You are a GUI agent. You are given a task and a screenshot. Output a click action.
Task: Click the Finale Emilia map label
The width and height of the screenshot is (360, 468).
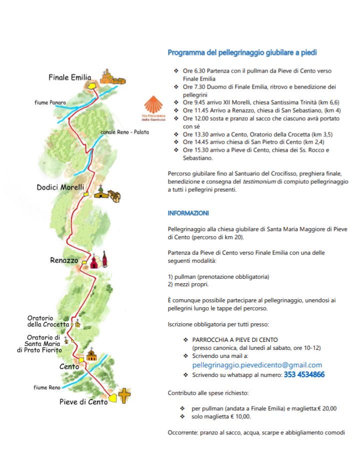coord(69,78)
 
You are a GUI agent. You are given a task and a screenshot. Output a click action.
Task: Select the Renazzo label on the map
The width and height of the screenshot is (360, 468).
coord(64,260)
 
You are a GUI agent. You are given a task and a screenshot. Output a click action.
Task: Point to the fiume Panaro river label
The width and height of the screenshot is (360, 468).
coord(50,102)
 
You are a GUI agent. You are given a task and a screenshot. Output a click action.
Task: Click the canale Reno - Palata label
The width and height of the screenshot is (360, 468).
coord(124,132)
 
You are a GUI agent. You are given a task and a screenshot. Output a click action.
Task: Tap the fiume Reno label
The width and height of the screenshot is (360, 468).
coord(47,387)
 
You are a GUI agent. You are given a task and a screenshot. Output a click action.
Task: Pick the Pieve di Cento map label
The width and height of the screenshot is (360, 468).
coord(83,401)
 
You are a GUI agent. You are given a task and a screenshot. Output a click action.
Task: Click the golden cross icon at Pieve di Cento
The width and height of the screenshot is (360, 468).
coord(124,396)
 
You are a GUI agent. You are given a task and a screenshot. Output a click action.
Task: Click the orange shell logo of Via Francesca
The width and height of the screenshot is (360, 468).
coord(152,106)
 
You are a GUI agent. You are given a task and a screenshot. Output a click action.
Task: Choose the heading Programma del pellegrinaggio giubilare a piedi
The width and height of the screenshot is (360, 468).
coord(242,53)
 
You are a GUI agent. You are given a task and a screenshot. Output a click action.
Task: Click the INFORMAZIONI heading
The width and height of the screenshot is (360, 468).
coord(188,213)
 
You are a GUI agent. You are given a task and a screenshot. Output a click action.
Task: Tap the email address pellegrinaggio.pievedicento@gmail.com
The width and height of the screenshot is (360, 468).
coord(257,365)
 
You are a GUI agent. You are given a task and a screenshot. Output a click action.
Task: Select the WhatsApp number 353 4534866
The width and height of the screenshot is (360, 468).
coord(304,374)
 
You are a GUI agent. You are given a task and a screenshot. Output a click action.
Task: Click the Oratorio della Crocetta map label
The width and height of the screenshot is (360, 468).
coord(48,321)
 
